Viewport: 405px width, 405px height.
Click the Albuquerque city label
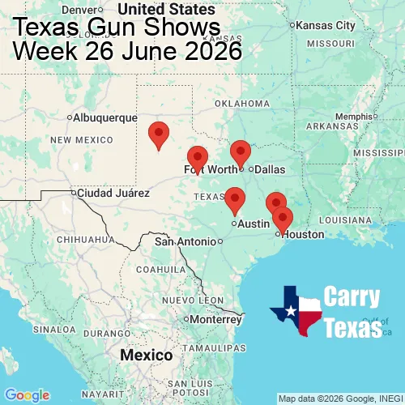105,117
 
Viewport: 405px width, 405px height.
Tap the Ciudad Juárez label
113,194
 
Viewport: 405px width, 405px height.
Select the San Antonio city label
185,241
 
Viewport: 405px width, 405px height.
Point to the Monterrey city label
215,319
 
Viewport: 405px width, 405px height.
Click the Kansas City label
326,25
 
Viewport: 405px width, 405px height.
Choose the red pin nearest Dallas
241,153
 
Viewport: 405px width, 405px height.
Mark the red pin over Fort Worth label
197,160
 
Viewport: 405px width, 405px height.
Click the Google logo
26,394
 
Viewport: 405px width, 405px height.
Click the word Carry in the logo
353,297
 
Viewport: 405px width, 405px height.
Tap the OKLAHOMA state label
242,104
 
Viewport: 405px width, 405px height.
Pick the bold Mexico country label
146,356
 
